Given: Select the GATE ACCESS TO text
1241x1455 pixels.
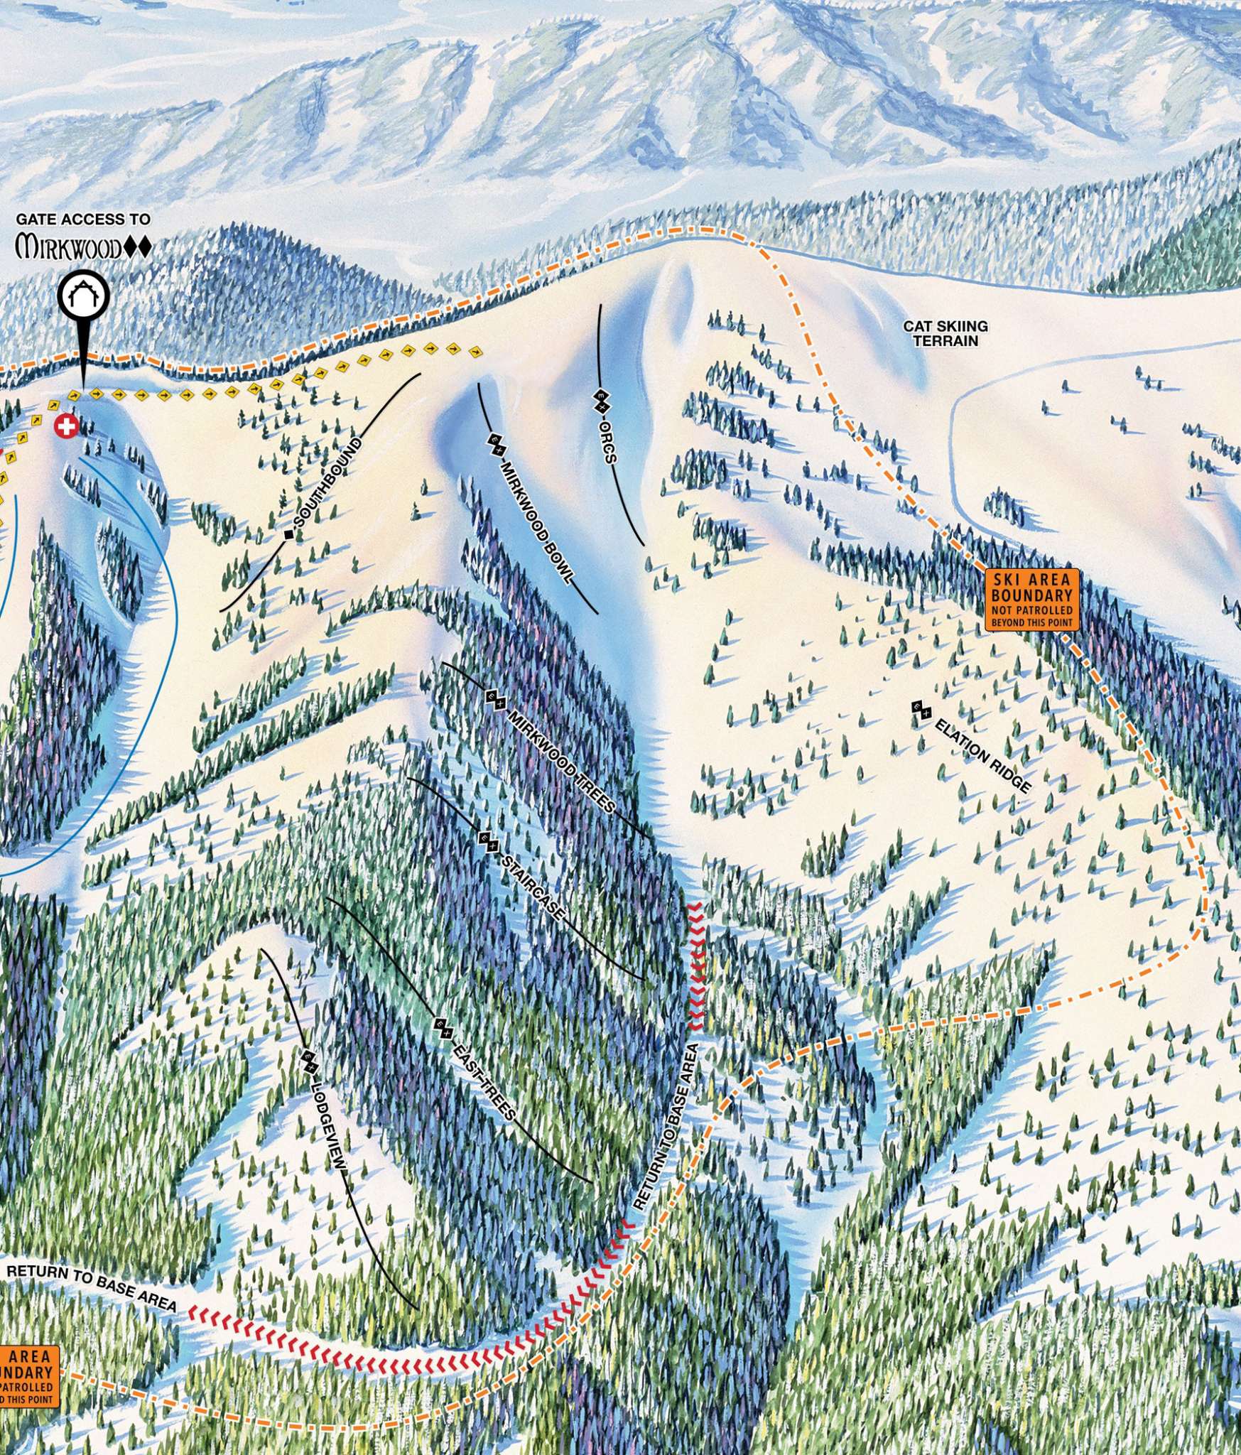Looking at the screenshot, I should [83, 220].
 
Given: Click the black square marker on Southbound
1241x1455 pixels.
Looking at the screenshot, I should [288, 534].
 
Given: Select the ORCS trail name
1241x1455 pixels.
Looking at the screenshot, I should [608, 443].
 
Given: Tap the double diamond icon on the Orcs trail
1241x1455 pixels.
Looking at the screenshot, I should [601, 401].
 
